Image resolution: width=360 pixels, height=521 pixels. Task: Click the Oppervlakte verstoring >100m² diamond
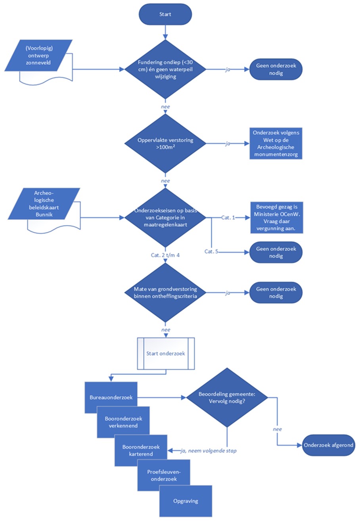(165, 144)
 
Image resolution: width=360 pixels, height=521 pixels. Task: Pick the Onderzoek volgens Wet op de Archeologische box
(276, 144)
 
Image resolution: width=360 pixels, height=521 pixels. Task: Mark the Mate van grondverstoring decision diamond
(165, 293)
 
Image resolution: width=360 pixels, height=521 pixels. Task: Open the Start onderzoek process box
(165, 353)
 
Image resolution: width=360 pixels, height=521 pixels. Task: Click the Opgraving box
(186, 501)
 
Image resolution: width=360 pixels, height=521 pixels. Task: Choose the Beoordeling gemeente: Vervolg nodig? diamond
(226, 398)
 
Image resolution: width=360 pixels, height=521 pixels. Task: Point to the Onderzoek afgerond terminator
(329, 444)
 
